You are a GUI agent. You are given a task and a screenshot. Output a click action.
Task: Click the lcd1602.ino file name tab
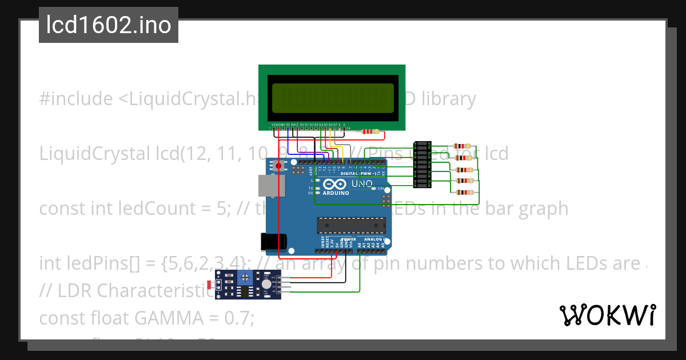click(109, 25)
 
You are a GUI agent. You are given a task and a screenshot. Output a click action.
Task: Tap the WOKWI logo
click(607, 315)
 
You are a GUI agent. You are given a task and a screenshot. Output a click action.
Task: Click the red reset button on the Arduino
click(278, 166)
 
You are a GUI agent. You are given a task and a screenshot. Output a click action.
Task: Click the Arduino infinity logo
click(334, 184)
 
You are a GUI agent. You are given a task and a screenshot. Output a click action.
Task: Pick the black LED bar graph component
click(421, 165)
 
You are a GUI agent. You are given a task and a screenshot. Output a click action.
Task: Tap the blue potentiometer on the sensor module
click(246, 277)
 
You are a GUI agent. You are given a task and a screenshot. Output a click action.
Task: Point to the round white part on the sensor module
click(266, 285)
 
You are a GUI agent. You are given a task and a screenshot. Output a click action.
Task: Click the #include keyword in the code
click(76, 99)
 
